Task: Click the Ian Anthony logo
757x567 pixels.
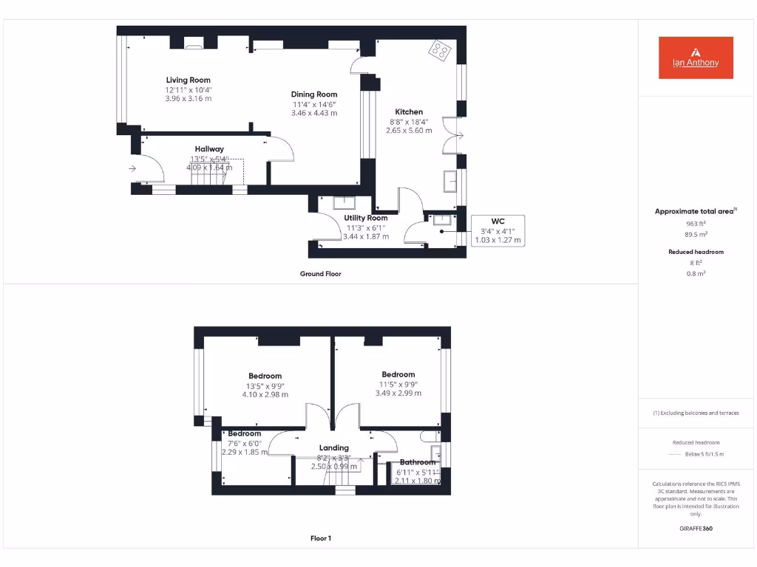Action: pyautogui.click(x=696, y=58)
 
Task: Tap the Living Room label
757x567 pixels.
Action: pyautogui.click(x=188, y=80)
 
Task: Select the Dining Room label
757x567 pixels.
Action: pyautogui.click(x=314, y=94)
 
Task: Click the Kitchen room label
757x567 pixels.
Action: pyautogui.click(x=409, y=111)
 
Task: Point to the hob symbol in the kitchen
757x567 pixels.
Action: pyautogui.click(x=440, y=50)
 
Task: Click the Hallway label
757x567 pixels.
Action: pyautogui.click(x=209, y=149)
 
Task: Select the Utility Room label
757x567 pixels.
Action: pyautogui.click(x=366, y=218)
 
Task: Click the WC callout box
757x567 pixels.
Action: pyautogui.click(x=498, y=230)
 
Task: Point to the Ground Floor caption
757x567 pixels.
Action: pyautogui.click(x=320, y=274)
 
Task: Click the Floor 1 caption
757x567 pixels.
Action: pyautogui.click(x=320, y=538)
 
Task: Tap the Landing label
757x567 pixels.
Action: pyautogui.click(x=333, y=447)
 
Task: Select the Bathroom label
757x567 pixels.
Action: pyautogui.click(x=418, y=462)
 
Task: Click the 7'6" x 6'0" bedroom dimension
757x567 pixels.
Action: pyautogui.click(x=244, y=443)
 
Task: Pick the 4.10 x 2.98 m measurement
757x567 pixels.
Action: pyautogui.click(x=265, y=394)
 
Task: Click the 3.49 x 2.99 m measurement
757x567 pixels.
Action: pyautogui.click(x=398, y=394)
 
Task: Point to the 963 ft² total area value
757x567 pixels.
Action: pyautogui.click(x=695, y=223)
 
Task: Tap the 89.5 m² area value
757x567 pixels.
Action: pyautogui.click(x=695, y=234)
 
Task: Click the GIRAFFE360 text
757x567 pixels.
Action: pyautogui.click(x=695, y=529)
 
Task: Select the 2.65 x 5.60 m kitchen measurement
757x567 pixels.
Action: pyautogui.click(x=409, y=130)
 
